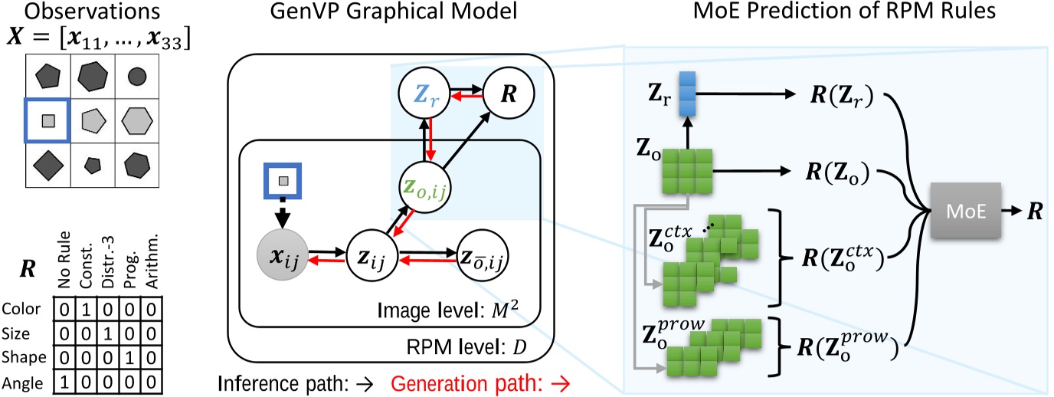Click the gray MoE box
961,209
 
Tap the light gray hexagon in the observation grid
136,120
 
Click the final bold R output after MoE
1035,209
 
